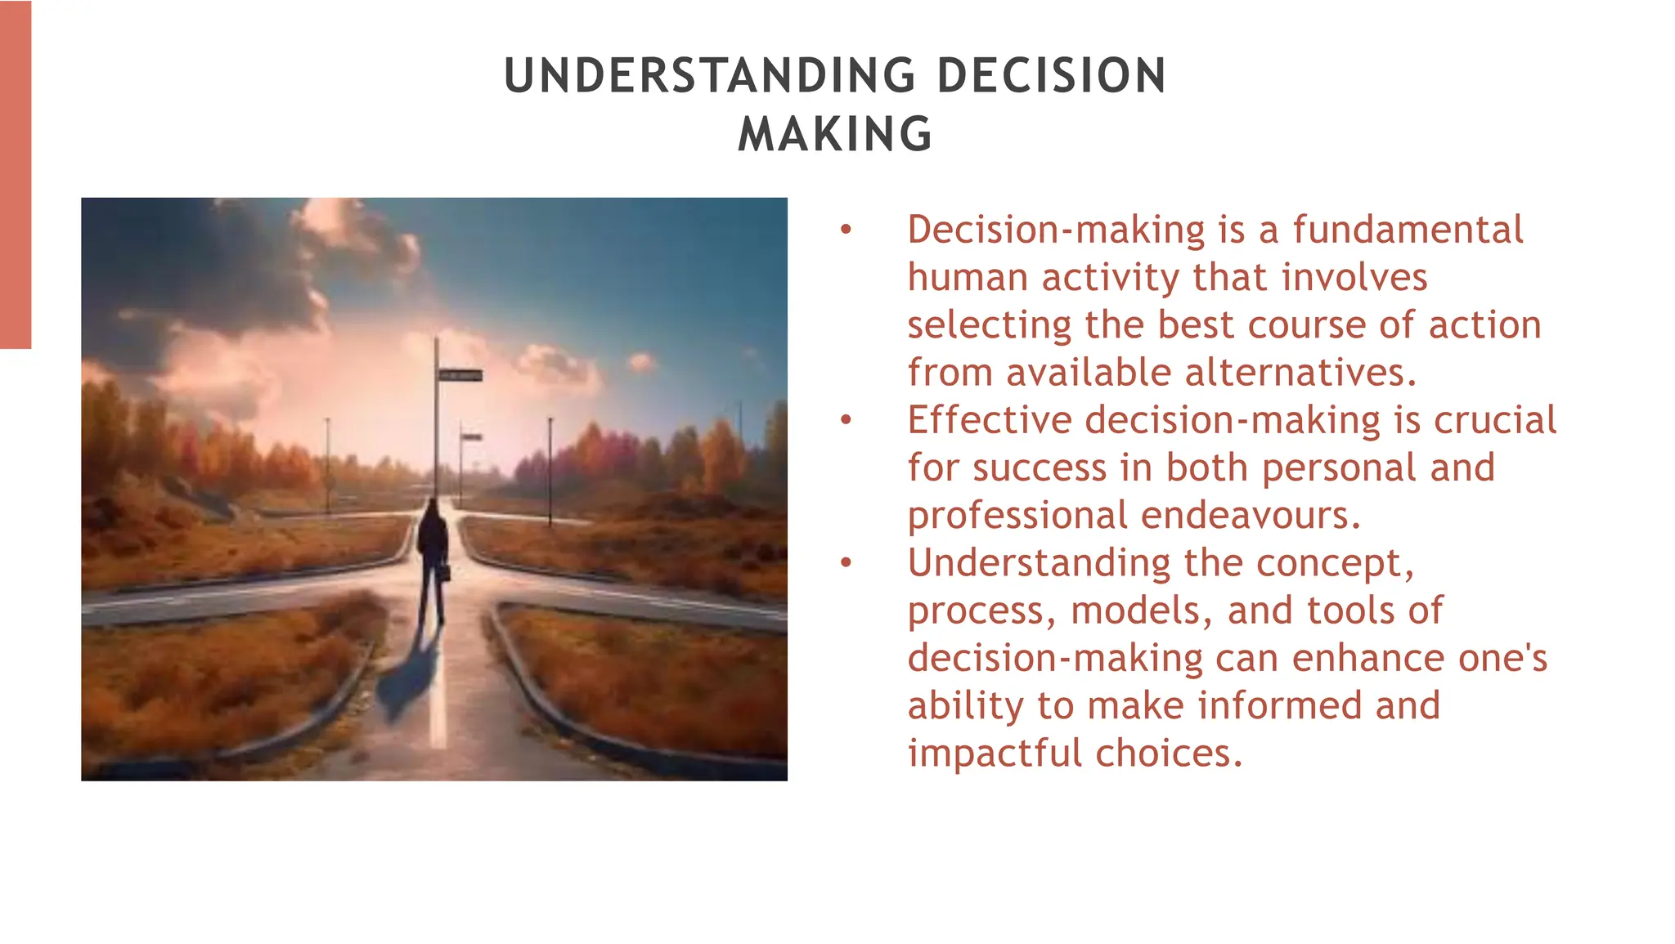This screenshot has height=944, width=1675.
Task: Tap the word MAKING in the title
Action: tap(835, 135)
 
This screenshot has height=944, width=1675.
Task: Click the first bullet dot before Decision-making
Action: tap(846, 230)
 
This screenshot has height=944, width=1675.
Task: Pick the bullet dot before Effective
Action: tap(846, 421)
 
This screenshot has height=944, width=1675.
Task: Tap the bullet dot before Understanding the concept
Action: tap(846, 564)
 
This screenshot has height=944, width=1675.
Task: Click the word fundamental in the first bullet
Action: tap(1408, 230)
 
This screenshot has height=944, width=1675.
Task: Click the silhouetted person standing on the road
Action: tap(432, 556)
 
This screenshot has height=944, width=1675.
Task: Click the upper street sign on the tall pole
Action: tap(460, 375)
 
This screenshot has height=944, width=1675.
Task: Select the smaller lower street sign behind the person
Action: tap(471, 437)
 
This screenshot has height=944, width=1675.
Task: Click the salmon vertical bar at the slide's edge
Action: tap(15, 174)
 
